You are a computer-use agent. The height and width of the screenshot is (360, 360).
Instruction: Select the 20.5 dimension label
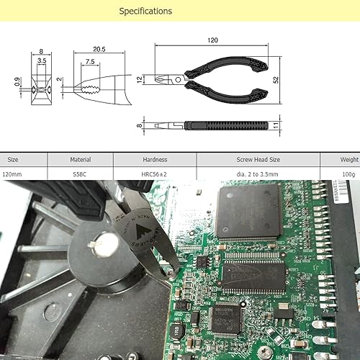[x=99, y=50]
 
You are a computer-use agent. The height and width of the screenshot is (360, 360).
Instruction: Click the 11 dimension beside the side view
[x=276, y=125]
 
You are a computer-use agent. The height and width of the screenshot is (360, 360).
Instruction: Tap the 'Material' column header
[x=80, y=159]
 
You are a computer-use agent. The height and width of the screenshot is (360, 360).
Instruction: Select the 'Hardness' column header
[x=155, y=159]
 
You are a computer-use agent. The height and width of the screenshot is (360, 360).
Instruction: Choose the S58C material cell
[x=80, y=174]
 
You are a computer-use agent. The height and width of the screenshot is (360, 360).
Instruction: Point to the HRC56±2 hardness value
[x=155, y=174]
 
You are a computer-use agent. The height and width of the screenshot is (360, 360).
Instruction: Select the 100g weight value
[x=348, y=174]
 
